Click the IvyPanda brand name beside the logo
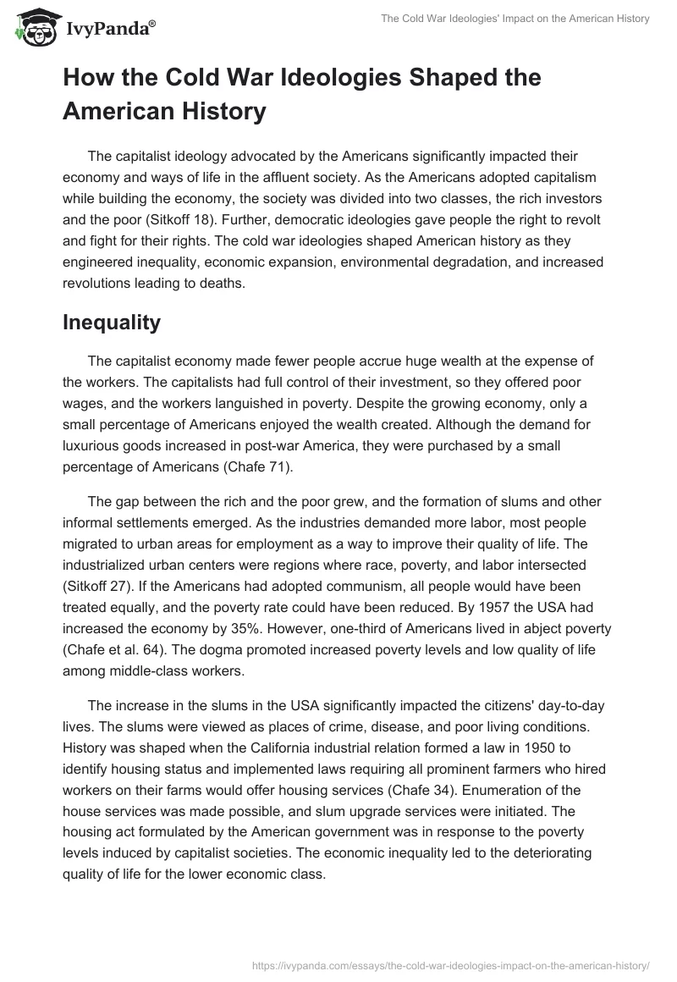click(x=110, y=30)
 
